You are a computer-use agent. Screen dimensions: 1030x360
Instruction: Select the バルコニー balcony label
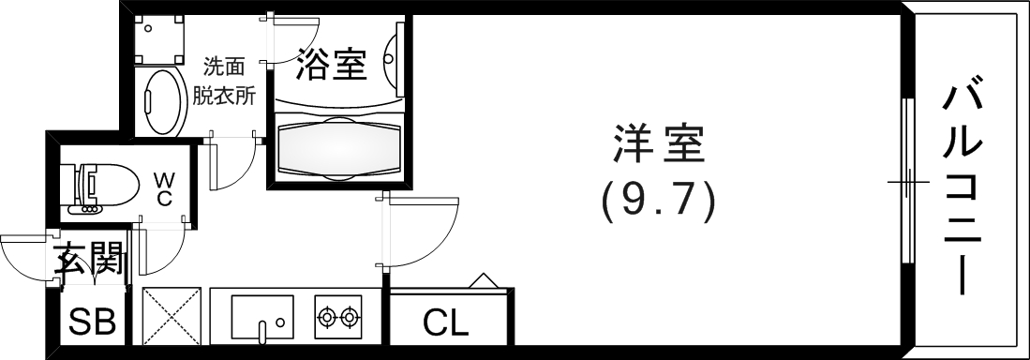[963, 187]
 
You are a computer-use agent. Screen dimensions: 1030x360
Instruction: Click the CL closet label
[445, 323]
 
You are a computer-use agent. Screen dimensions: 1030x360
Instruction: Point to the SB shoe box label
[93, 322]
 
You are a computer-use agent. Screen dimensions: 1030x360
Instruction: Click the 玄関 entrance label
[89, 259]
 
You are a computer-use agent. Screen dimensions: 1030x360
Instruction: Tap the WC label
[163, 187]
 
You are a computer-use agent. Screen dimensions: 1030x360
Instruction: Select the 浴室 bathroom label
[330, 65]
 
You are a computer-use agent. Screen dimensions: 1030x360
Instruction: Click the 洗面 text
[225, 67]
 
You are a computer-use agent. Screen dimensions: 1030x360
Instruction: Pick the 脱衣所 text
[225, 94]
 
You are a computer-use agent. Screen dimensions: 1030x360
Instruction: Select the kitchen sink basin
[262, 318]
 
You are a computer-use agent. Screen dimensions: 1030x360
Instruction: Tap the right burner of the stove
[351, 318]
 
